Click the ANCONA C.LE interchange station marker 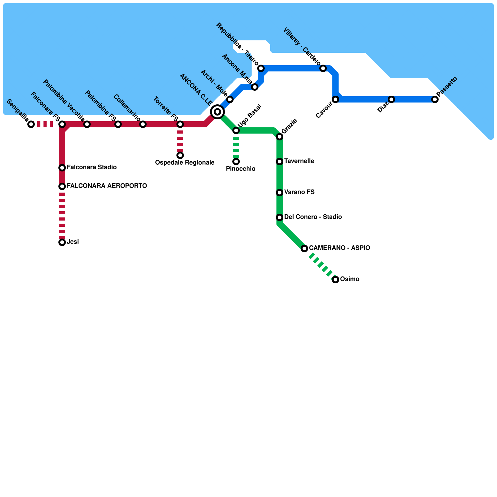(x=217, y=112)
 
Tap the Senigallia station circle (x=31, y=124)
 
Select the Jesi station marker (x=62, y=242)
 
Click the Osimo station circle (x=335, y=280)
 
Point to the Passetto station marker (x=435, y=99)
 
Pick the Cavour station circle (x=335, y=99)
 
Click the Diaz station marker (x=391, y=99)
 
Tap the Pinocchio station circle (x=236, y=162)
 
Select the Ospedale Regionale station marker (x=180, y=155)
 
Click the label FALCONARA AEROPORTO (x=107, y=186)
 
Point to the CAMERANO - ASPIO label (x=340, y=248)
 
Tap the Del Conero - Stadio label (x=313, y=217)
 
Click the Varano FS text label (x=299, y=192)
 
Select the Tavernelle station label (x=299, y=161)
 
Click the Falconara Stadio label (x=92, y=167)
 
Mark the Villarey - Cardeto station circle (x=323, y=68)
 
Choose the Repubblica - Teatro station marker (x=261, y=68)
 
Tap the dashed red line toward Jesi (x=62, y=214)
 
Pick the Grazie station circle (x=280, y=137)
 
